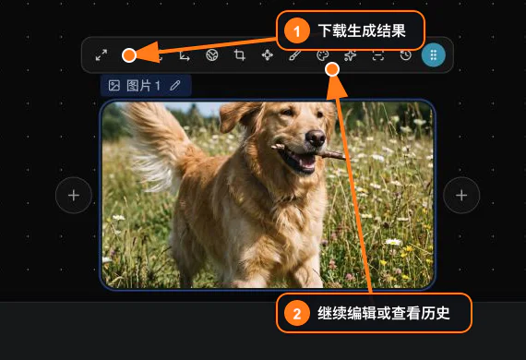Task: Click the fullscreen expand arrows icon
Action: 102,55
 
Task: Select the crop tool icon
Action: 239,54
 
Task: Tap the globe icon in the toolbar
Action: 211,54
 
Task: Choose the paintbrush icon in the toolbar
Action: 295,55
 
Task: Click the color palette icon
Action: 323,55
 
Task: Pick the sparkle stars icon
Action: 351,55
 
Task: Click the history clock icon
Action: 405,55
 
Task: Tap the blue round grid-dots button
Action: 434,54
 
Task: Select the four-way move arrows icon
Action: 268,54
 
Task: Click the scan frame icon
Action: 378,55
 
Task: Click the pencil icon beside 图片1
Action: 174,86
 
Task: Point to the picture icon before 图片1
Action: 114,86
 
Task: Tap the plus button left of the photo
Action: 74,196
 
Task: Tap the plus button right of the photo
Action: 461,196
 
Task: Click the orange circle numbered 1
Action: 296,31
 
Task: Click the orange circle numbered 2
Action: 297,314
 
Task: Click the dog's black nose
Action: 316,138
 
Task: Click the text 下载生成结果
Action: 362,30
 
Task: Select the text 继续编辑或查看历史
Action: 384,313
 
